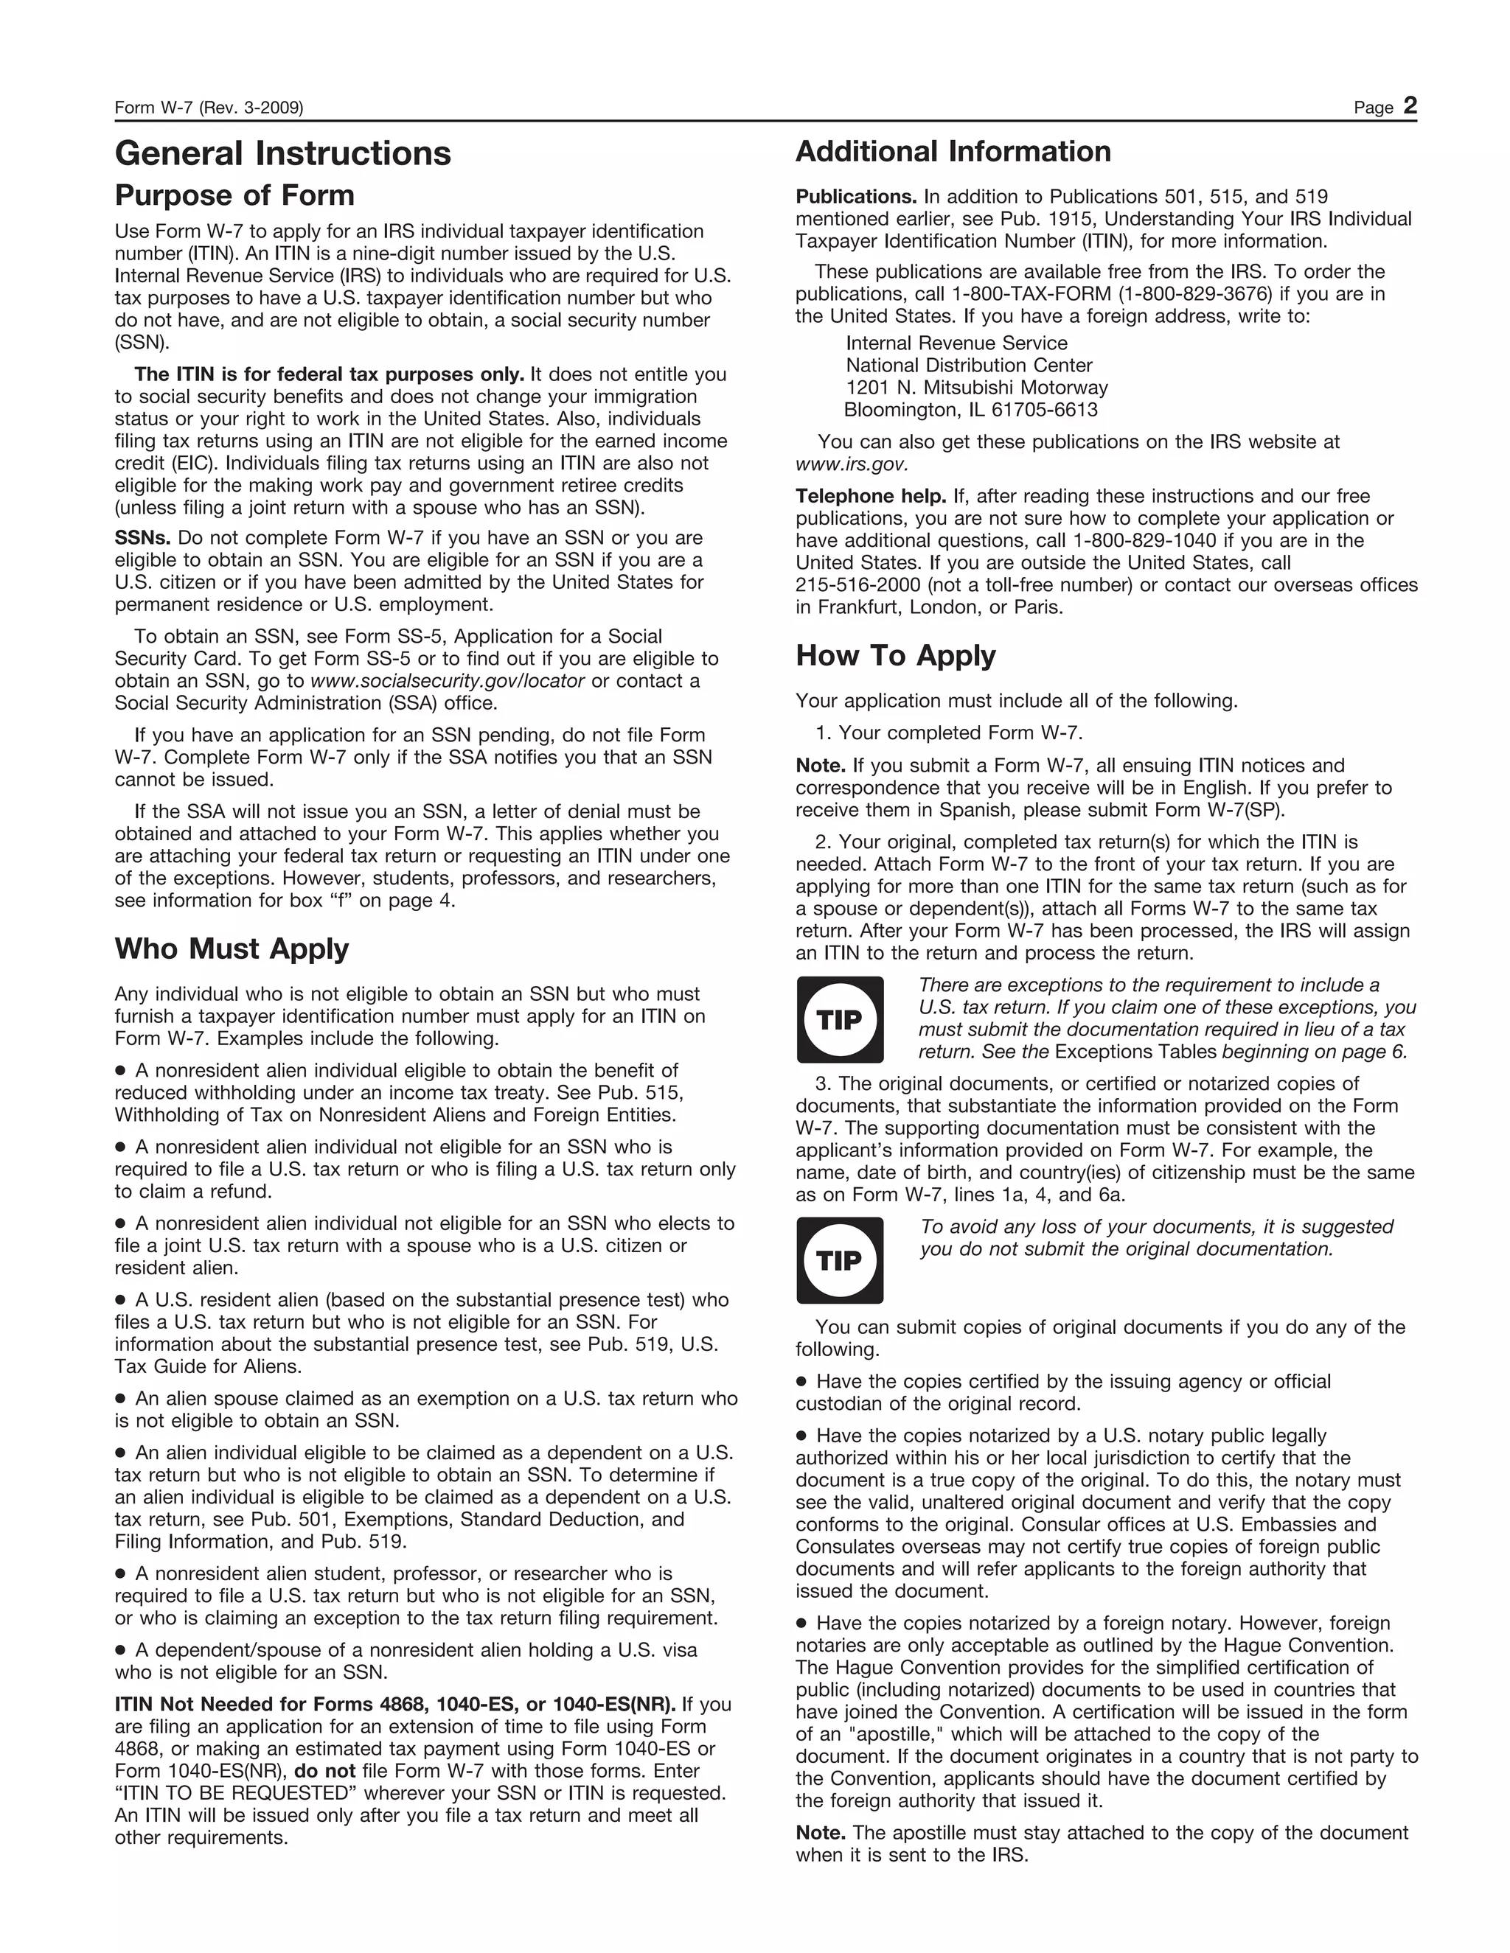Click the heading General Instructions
(282, 154)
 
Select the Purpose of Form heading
(234, 195)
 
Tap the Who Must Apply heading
(232, 948)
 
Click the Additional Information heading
(953, 152)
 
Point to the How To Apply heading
(895, 655)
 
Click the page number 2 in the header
(1410, 106)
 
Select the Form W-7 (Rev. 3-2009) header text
(209, 108)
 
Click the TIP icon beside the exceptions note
(839, 1019)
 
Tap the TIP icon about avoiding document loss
(839, 1260)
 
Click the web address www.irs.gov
(852, 464)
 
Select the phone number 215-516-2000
(852, 586)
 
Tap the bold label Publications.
(856, 197)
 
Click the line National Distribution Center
(969, 366)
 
